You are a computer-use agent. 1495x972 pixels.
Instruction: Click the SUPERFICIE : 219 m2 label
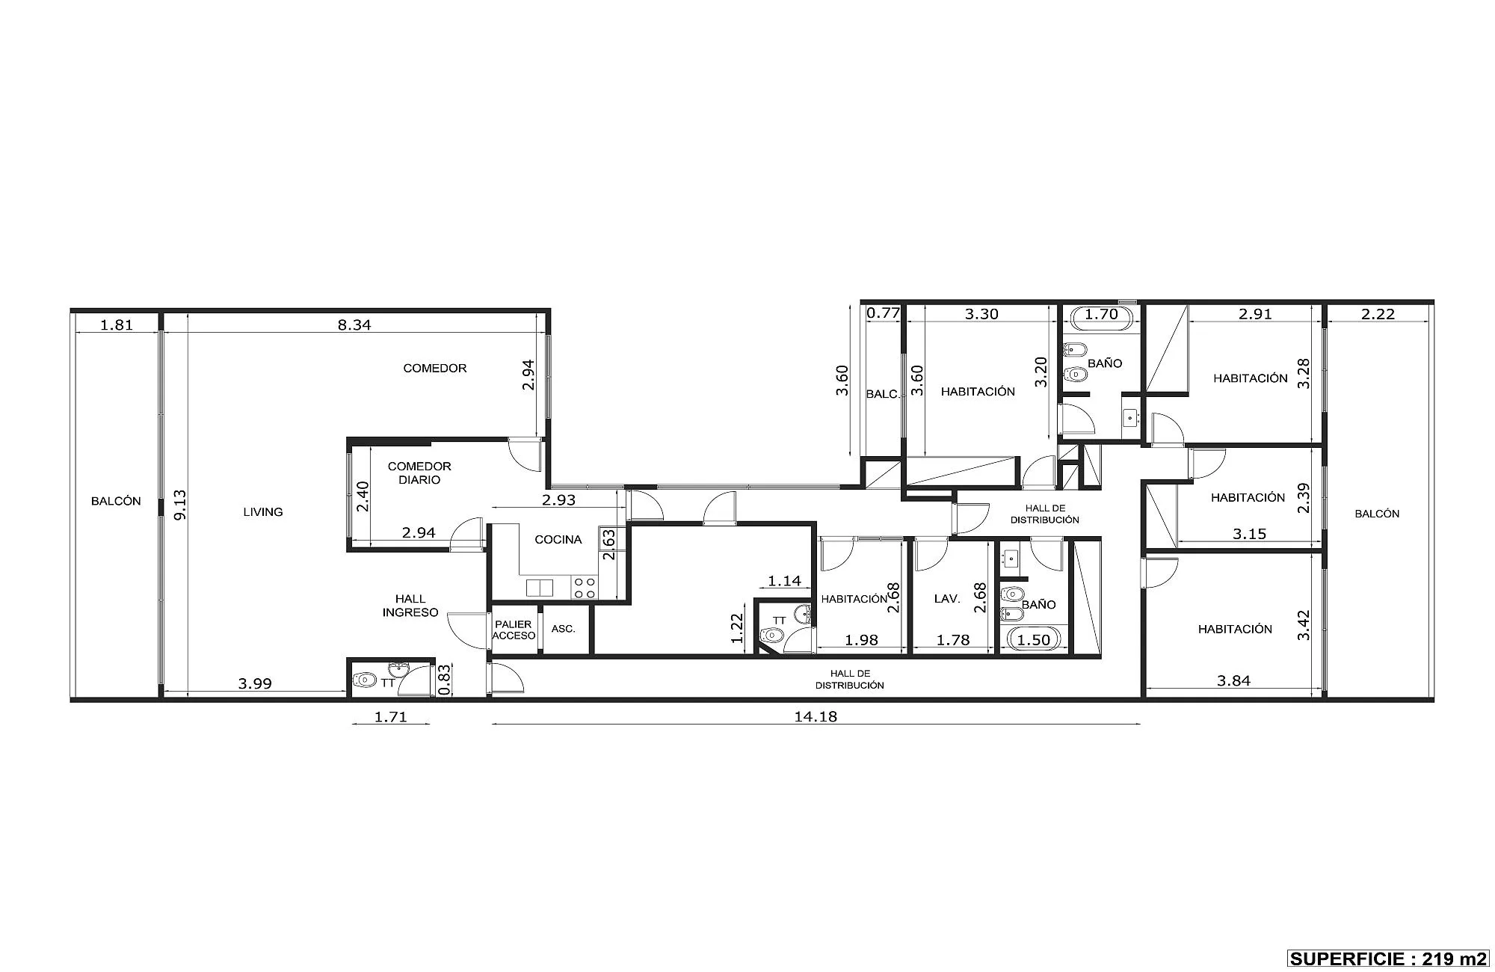[x=1389, y=959]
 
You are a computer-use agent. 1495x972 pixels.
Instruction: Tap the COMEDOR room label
[x=435, y=368]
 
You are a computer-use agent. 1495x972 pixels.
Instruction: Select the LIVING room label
[x=263, y=512]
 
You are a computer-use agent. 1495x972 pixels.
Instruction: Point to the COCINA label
[x=558, y=540]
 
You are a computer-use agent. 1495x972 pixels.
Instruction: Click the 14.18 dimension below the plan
[x=816, y=716]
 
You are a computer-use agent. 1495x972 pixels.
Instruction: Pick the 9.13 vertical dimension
[x=179, y=505]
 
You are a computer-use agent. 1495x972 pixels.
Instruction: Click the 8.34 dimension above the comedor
[x=354, y=324]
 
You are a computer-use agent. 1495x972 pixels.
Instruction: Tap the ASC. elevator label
[x=564, y=629]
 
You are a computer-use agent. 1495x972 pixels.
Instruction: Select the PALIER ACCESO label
[x=514, y=630]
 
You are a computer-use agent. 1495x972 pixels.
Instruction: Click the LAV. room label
[x=947, y=599]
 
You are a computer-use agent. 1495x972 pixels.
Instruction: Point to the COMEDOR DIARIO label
[x=419, y=473]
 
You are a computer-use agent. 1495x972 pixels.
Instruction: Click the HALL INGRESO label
[x=410, y=606]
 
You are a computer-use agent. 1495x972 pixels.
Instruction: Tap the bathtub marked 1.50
[x=1034, y=640]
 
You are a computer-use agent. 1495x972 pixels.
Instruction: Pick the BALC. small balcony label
[x=883, y=394]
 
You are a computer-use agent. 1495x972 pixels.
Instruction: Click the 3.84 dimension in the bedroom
[x=1233, y=680]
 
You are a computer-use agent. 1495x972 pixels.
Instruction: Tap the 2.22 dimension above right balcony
[x=1378, y=314]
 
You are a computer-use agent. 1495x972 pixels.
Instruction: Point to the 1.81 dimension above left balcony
[x=117, y=324]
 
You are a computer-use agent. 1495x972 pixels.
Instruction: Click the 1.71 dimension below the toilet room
[x=390, y=716]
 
